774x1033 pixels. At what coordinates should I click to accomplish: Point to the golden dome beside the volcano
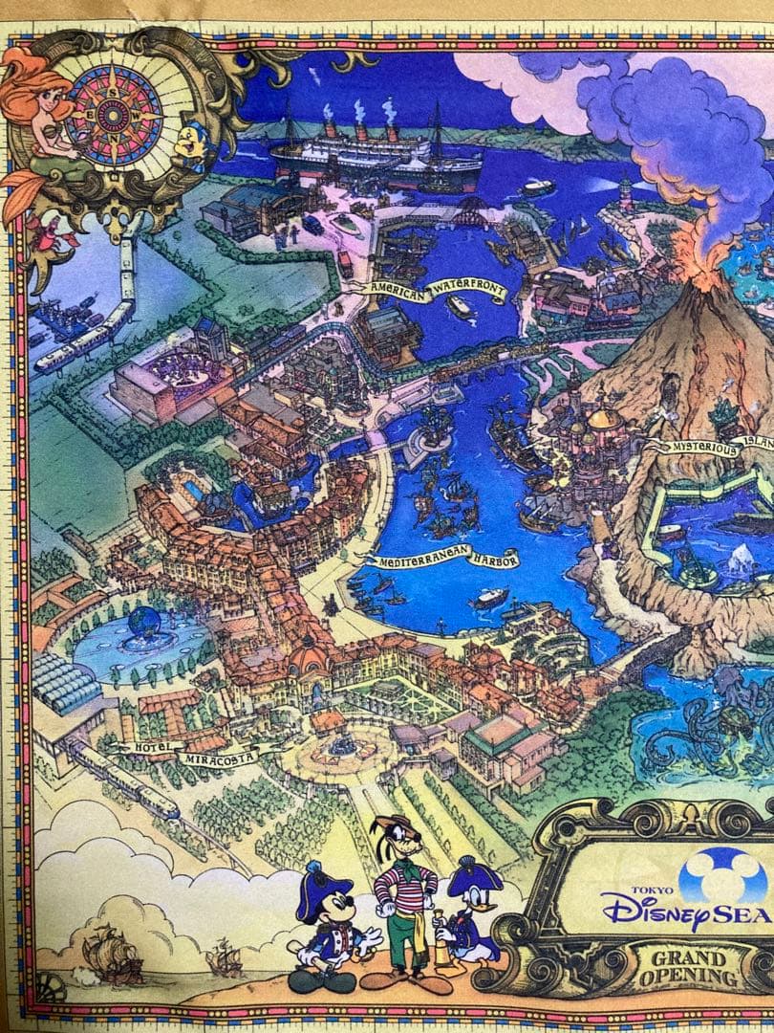(604, 417)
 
